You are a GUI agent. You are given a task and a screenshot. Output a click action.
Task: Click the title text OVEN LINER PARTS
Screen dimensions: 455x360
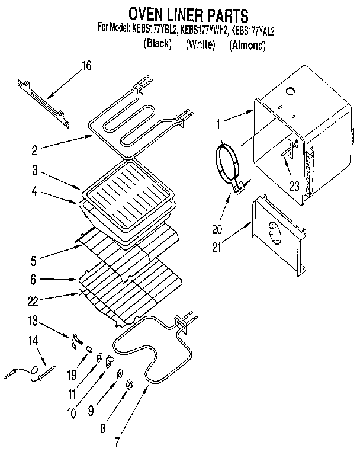(180, 14)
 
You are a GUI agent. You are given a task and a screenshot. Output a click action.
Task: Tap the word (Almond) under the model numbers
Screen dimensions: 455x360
(248, 45)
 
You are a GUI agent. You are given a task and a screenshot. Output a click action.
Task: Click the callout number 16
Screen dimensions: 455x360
(87, 66)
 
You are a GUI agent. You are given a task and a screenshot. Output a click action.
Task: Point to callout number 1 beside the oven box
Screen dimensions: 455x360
(219, 124)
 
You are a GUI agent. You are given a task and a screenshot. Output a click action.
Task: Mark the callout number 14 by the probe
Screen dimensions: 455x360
(34, 340)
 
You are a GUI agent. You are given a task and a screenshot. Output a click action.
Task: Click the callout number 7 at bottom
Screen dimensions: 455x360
(118, 441)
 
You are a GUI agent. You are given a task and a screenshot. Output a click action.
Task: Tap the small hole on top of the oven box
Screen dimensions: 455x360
(290, 91)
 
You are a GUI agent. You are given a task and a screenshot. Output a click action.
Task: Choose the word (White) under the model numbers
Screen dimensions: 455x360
(200, 45)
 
